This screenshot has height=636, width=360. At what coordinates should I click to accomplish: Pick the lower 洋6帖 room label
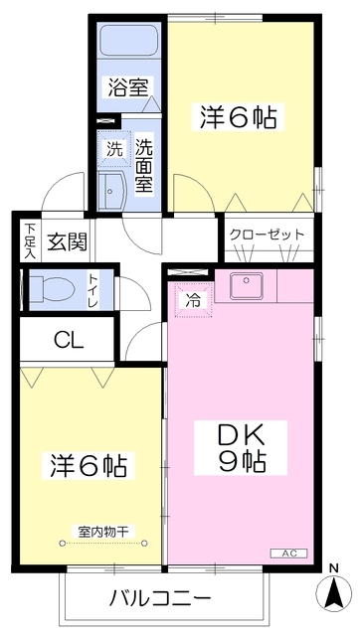tap(90, 464)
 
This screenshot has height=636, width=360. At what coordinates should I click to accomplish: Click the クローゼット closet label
tap(267, 234)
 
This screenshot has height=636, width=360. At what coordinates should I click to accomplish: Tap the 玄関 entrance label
tap(68, 241)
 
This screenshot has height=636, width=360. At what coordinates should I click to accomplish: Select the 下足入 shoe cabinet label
tap(30, 241)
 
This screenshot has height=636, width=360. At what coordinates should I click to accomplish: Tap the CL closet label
tap(69, 341)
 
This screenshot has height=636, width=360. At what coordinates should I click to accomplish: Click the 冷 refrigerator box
tap(192, 297)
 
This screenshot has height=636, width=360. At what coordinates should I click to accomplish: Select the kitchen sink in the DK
tap(246, 287)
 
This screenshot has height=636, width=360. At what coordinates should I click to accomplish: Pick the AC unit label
tap(288, 553)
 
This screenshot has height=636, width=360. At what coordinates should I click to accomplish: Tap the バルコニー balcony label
tap(159, 598)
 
